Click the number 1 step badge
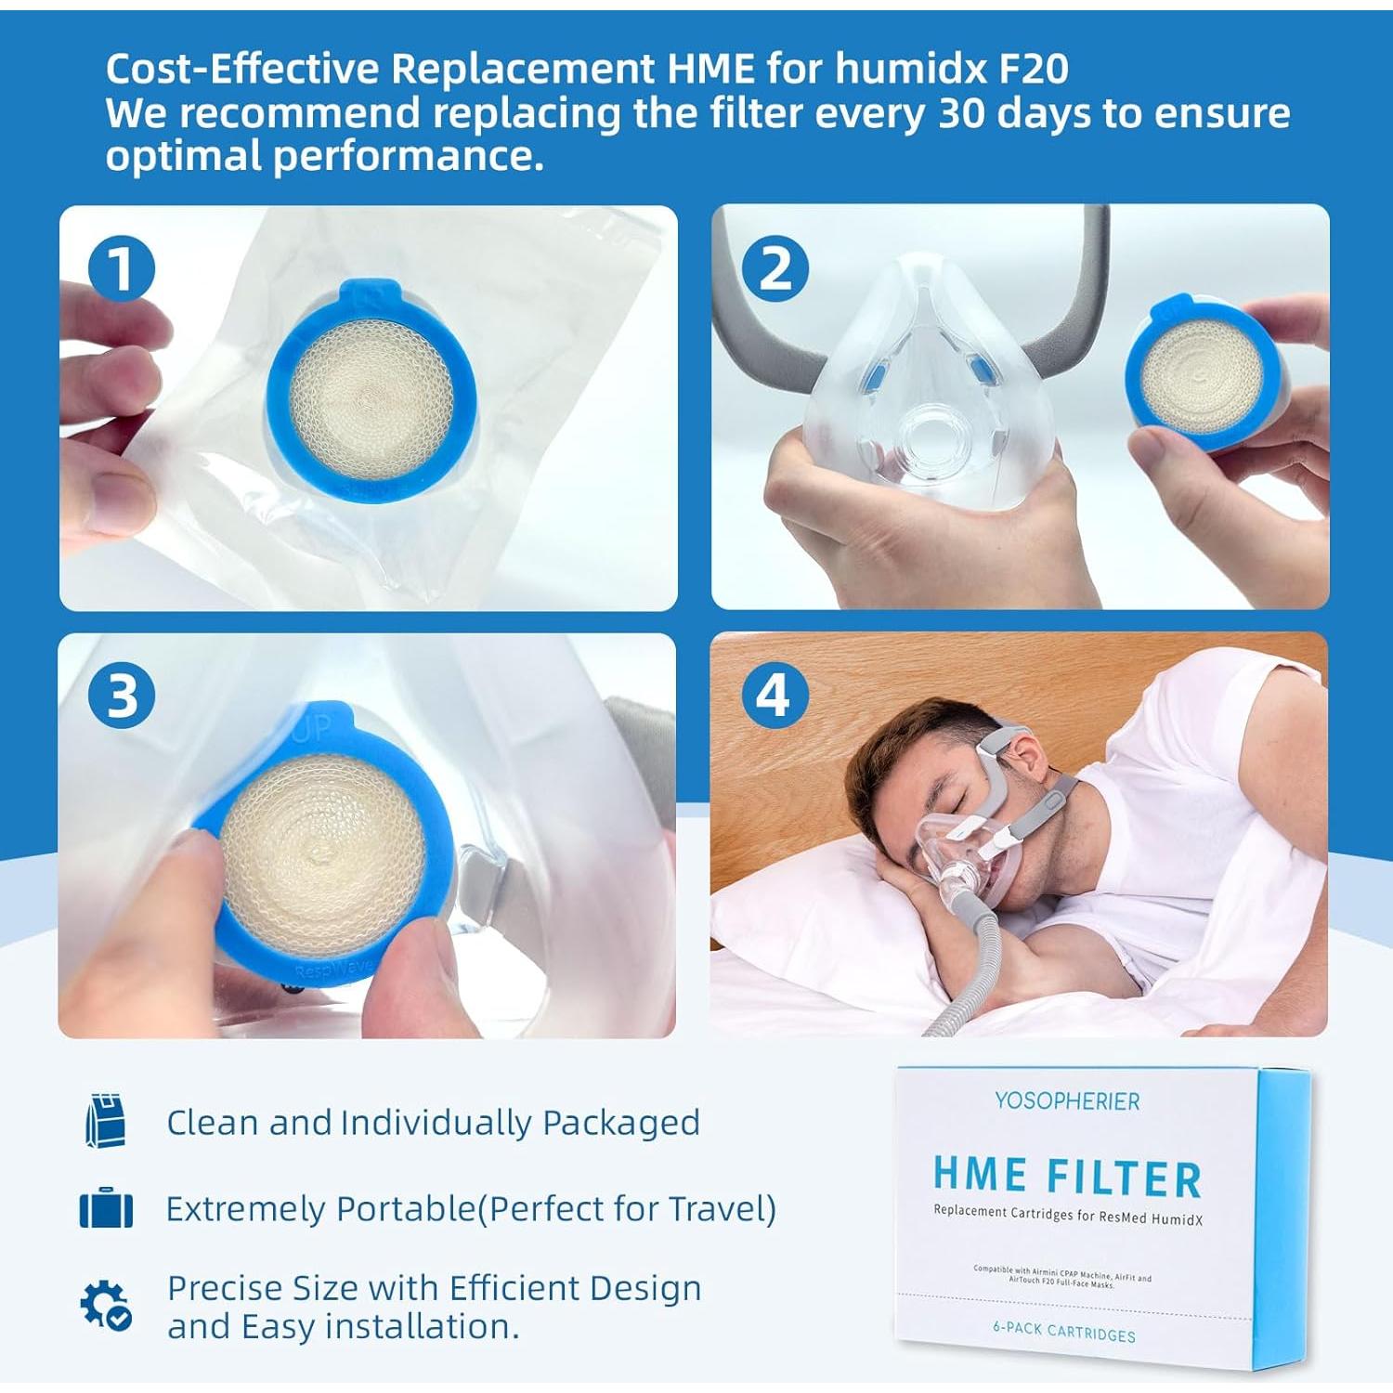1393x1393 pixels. [x=122, y=269]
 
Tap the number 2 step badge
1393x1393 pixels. [x=775, y=269]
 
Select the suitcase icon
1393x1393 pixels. [x=106, y=1209]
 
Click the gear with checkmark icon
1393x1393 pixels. [x=105, y=1305]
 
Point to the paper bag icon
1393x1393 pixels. [x=105, y=1122]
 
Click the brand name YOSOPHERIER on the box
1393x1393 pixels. [x=1067, y=1101]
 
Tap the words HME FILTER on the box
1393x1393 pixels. [x=1067, y=1176]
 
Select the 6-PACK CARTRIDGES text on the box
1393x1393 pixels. [x=1064, y=1332]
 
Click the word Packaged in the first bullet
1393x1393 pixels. [x=620, y=1123]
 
